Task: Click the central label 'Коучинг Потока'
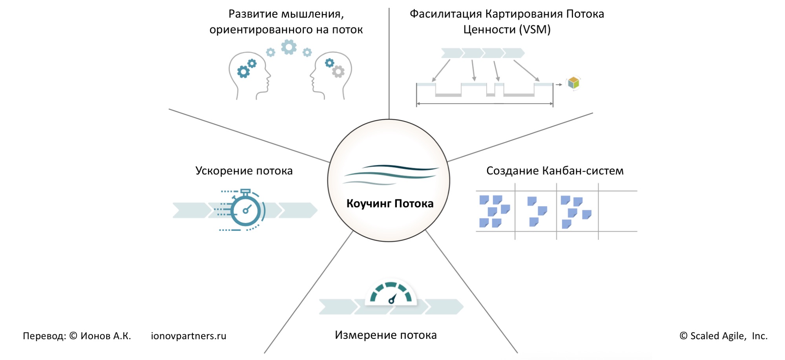point(390,203)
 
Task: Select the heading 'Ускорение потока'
point(244,171)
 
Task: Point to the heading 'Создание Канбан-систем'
point(555,171)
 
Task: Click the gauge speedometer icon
point(391,294)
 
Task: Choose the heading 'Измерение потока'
point(385,335)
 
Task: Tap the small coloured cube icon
point(573,83)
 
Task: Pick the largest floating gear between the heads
point(289,47)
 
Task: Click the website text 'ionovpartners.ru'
point(188,336)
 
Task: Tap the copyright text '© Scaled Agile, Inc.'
point(723,336)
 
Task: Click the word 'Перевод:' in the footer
point(44,336)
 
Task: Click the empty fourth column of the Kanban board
point(617,211)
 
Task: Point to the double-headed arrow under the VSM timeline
point(485,104)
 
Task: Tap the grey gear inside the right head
point(338,71)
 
